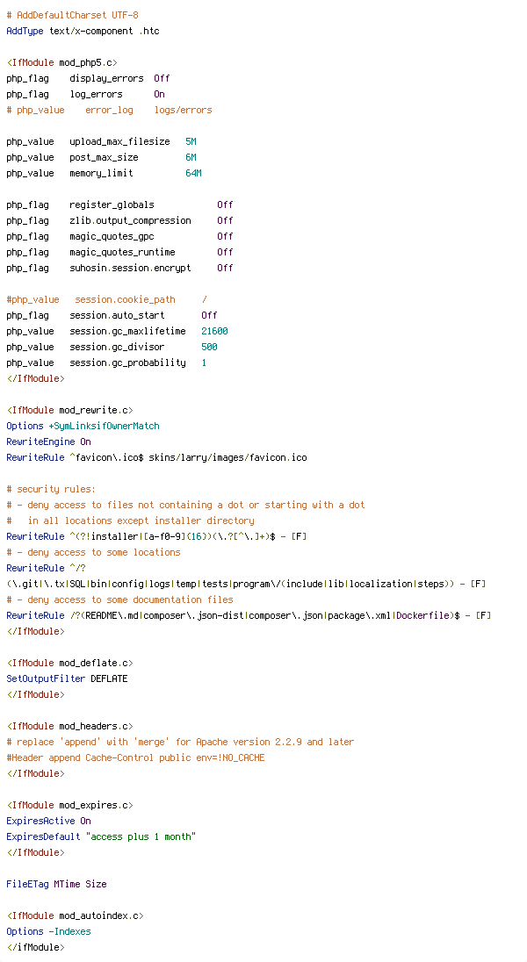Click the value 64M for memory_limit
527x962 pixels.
[x=193, y=173]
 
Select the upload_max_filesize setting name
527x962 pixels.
[x=119, y=141]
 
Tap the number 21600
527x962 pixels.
[x=214, y=331]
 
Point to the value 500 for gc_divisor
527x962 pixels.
[x=209, y=347]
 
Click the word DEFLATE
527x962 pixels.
[x=109, y=678]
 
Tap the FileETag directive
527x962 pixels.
[x=27, y=884]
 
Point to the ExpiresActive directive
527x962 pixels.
[x=40, y=821]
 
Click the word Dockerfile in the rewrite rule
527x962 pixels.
[x=422, y=615]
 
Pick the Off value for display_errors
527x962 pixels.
[x=162, y=78]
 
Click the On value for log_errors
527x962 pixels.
[x=160, y=94]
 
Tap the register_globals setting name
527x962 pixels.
[x=112, y=205]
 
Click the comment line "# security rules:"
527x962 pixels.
[x=51, y=489]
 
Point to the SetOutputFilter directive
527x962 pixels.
[x=46, y=678]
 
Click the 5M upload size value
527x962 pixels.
[x=191, y=141]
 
